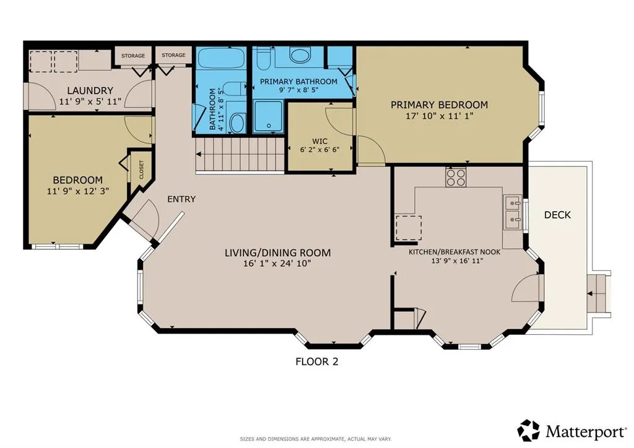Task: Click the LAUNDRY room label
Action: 90,90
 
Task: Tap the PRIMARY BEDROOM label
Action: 439,105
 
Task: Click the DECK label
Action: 557,215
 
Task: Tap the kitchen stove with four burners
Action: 456,178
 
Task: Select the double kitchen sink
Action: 513,210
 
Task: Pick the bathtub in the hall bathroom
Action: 221,61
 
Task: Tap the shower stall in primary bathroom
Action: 269,116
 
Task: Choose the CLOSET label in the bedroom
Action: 141,170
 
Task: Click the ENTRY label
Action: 181,199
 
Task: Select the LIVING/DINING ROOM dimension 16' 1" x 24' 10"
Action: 277,264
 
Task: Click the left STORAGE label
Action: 132,56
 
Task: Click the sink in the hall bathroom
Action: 237,123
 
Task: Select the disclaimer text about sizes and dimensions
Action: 316,439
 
